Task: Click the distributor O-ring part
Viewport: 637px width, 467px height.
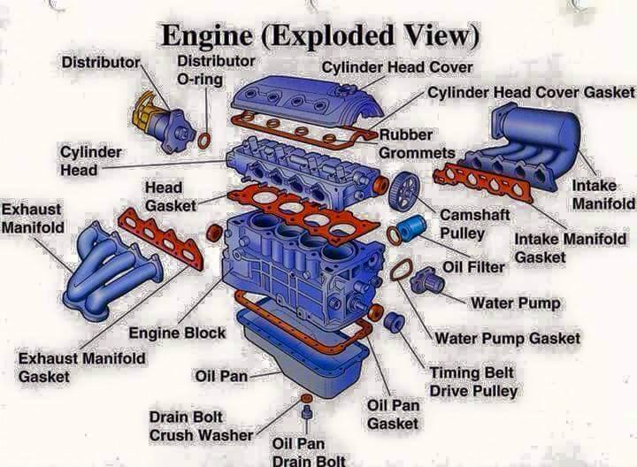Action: coord(199,141)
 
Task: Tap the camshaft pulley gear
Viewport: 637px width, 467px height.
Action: coord(403,191)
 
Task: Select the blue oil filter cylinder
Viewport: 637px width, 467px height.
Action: coord(411,226)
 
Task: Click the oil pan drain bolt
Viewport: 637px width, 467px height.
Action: coord(307,412)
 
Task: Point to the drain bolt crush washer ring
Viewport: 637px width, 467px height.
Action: coord(306,397)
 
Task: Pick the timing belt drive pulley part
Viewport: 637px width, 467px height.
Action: coord(394,323)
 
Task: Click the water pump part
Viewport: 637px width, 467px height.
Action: coord(427,280)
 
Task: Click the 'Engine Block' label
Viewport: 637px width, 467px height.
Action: coord(177,333)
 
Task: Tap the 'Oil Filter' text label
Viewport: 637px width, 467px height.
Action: coord(473,267)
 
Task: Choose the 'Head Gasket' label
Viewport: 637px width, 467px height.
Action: coord(170,196)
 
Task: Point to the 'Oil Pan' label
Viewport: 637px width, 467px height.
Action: coord(221,376)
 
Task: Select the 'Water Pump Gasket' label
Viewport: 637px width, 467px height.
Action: coord(508,338)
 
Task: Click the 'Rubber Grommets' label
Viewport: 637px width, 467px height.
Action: coord(417,144)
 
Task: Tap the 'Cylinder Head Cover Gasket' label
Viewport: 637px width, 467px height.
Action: coord(531,92)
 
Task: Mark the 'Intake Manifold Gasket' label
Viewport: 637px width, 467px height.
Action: coord(570,248)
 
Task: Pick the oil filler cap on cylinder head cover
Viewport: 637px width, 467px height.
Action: coord(345,89)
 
